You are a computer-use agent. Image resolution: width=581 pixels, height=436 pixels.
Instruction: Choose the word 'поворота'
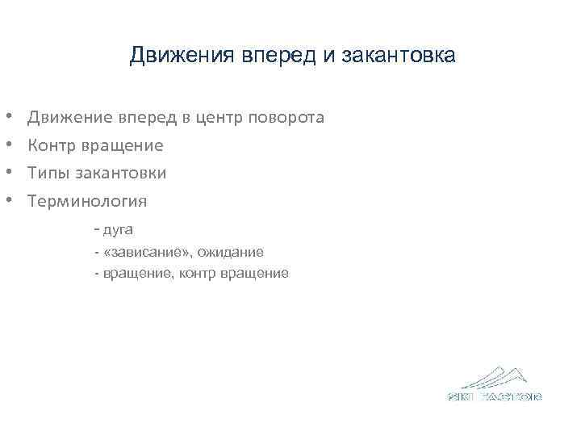(x=288, y=118)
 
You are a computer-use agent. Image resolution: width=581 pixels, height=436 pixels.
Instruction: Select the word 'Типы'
(x=48, y=173)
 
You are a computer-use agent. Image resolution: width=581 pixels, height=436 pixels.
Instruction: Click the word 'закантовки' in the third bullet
(x=120, y=173)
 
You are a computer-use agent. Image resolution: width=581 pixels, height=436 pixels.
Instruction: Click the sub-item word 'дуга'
(x=119, y=230)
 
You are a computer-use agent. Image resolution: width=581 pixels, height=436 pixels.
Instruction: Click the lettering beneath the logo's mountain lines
(x=495, y=396)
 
